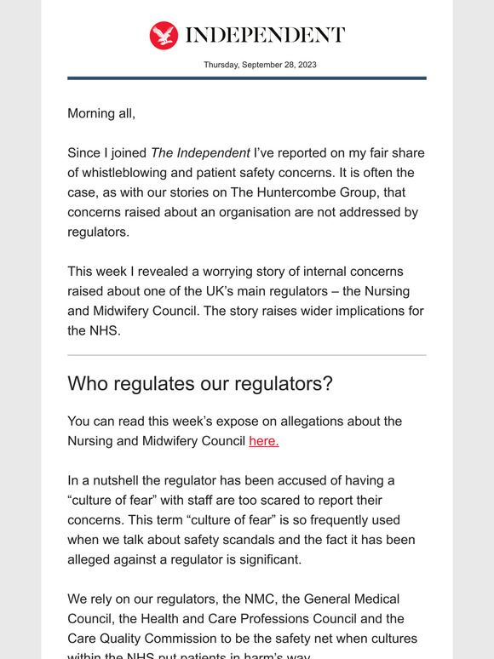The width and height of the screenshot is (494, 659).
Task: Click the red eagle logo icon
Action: (164, 35)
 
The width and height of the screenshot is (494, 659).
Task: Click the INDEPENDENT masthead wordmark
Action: (265, 35)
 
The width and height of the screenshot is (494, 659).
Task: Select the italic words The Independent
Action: (200, 153)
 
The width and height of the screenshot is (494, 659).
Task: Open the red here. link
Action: (264, 441)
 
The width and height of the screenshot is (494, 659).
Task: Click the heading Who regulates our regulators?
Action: (200, 383)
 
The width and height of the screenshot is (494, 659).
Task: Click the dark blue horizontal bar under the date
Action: (247, 78)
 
